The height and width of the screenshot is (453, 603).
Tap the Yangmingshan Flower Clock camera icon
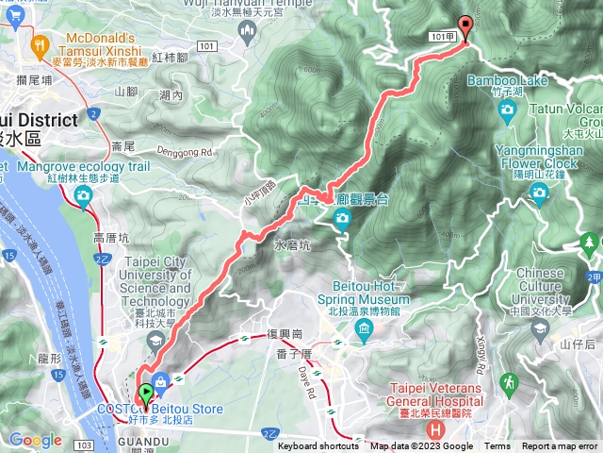point(539,193)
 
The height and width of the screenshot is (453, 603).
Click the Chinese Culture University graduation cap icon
point(540,327)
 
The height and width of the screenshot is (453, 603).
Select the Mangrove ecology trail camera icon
point(83,195)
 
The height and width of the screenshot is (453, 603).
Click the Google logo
point(35,440)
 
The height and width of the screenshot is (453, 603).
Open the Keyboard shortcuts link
point(318,446)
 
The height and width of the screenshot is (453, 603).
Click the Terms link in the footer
point(497,446)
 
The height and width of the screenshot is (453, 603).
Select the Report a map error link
point(560,446)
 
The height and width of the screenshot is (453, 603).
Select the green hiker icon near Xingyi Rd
point(510,382)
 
